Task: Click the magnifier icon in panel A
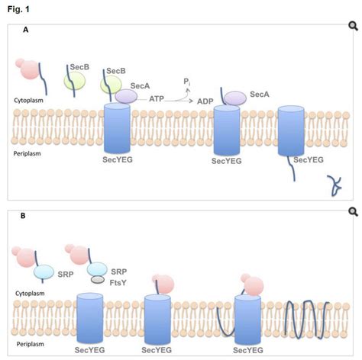pyautogui.click(x=352, y=27)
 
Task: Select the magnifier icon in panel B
pyautogui.click(x=352, y=212)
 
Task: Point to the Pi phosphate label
pyautogui.click(x=186, y=81)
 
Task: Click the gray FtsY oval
pyautogui.click(x=98, y=280)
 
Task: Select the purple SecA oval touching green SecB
pyautogui.click(x=126, y=96)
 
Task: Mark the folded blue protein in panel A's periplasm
pyautogui.click(x=334, y=183)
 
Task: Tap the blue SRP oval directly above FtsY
pyautogui.click(x=98, y=268)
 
